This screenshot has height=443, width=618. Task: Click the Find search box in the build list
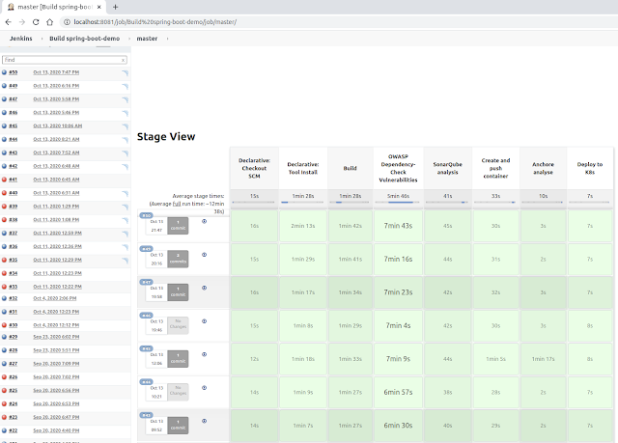coord(64,59)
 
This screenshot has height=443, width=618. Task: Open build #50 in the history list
coord(14,72)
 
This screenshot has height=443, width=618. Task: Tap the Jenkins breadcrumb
coord(22,38)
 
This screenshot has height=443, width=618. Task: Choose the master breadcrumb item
coord(147,38)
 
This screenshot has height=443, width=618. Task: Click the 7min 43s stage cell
coord(399,226)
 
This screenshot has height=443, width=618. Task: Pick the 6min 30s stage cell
coord(399,425)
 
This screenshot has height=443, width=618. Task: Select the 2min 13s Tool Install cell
coord(303,226)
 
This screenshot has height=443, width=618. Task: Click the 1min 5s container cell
coord(495,358)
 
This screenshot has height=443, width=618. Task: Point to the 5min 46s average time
coord(399,195)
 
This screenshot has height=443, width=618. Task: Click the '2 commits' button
coord(180,260)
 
